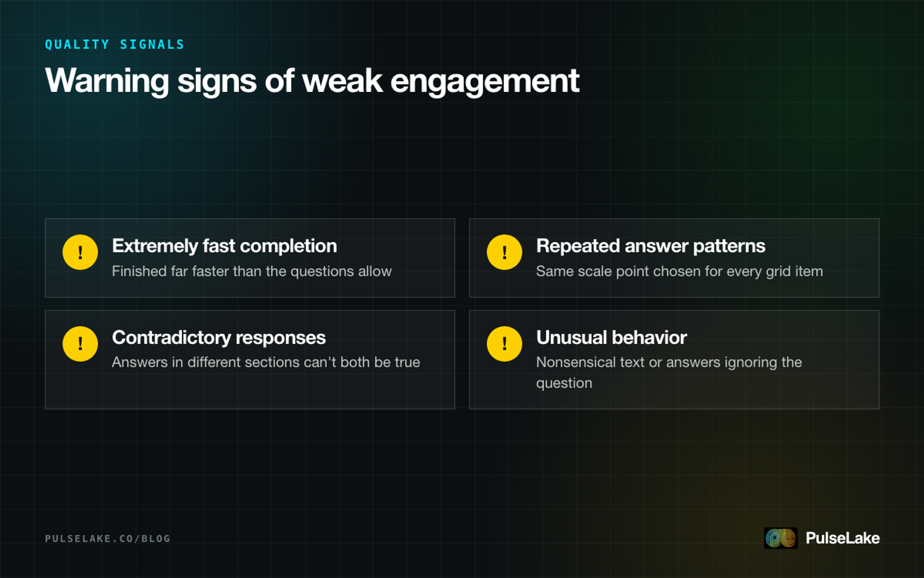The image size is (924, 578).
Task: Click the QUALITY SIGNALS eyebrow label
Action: click(x=114, y=44)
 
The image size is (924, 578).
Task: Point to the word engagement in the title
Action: click(x=485, y=81)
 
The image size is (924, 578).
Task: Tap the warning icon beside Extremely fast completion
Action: click(x=80, y=252)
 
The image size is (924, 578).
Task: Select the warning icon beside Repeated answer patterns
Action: click(x=504, y=252)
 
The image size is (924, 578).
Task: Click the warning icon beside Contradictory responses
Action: click(x=80, y=344)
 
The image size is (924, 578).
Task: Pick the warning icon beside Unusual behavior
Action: click(x=504, y=344)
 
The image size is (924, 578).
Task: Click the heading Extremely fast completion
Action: click(x=224, y=246)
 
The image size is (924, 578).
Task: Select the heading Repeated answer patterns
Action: click(x=651, y=246)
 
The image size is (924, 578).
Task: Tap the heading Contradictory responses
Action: click(x=219, y=338)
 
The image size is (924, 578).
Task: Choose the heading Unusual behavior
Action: click(x=611, y=338)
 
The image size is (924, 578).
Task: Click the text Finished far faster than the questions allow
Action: click(x=252, y=271)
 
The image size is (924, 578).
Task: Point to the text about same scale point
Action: click(x=680, y=271)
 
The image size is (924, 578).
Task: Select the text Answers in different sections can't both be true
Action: click(x=266, y=362)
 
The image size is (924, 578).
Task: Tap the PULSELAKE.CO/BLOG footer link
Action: click(x=107, y=538)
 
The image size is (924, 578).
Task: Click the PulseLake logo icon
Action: click(x=780, y=538)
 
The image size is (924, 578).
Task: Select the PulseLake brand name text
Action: click(x=842, y=538)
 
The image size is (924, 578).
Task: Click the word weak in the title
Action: click(x=342, y=81)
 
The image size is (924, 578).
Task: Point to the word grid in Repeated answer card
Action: click(x=776, y=272)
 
